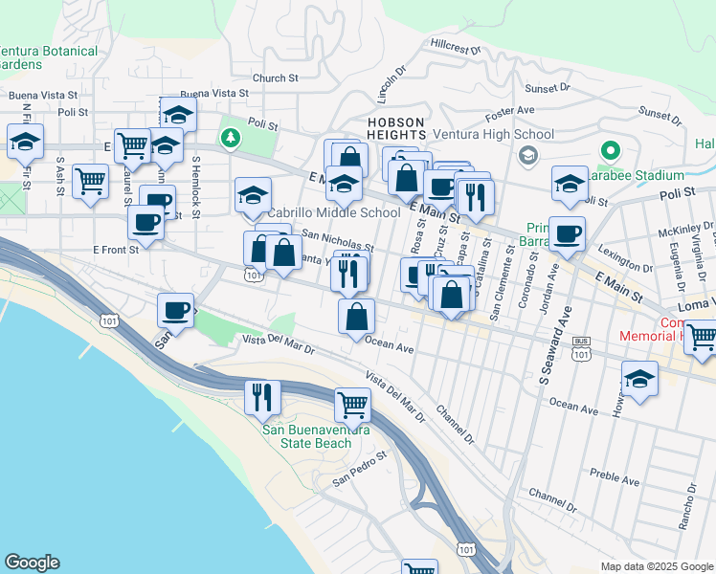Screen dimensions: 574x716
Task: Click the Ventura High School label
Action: [x=493, y=134]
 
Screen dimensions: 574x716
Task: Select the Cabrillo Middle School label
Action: [x=333, y=212]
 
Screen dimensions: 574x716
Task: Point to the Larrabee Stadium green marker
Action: [x=609, y=151]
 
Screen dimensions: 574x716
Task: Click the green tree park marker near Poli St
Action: [x=230, y=139]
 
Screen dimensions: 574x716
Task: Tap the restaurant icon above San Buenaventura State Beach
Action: [x=261, y=395]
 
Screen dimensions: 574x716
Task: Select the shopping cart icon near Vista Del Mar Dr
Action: [x=352, y=405]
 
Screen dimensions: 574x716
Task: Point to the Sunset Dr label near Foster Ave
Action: [x=548, y=87]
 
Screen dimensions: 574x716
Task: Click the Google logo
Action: [x=32, y=563]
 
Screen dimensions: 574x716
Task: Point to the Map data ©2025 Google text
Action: [x=656, y=566]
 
